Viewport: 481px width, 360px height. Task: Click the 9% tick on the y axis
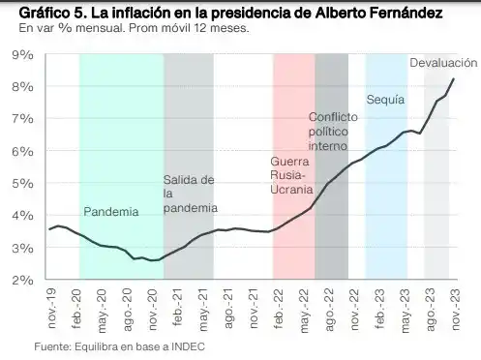(22, 54)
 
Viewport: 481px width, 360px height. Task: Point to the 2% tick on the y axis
(22, 281)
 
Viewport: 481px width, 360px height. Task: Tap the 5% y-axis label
(22, 184)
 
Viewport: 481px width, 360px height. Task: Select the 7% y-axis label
(22, 119)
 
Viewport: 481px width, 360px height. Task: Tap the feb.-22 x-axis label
(278, 304)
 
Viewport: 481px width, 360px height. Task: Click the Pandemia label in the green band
(110, 211)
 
